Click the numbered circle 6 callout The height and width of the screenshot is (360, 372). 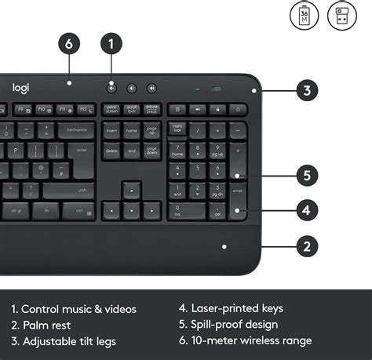[x=68, y=44]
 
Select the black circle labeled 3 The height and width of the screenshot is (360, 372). [x=306, y=90]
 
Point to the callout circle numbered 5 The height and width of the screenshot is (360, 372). [x=306, y=174]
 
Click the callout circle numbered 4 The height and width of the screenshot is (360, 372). [x=306, y=209]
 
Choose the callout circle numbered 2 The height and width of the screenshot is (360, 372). [x=306, y=246]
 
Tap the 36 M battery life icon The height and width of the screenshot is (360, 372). [x=305, y=16]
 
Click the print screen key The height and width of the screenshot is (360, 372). [x=111, y=109]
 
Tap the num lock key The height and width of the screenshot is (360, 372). [x=177, y=128]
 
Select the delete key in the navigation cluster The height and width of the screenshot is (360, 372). [x=111, y=151]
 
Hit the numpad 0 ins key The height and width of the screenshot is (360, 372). [x=187, y=212]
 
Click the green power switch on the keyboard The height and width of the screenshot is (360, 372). [x=217, y=89]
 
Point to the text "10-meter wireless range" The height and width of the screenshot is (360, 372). [x=244, y=340]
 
